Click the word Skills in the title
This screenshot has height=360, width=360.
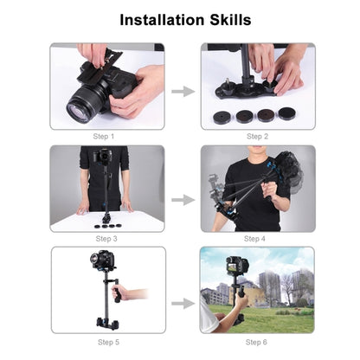[x=226, y=19]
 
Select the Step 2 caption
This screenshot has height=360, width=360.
[x=257, y=137]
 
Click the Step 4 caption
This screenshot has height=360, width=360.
[x=257, y=238]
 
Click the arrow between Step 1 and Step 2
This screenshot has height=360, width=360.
[x=182, y=90]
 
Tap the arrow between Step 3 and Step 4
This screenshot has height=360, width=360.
[x=182, y=200]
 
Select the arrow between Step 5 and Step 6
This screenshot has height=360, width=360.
[x=182, y=303]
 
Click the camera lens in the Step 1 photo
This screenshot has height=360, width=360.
[x=84, y=106]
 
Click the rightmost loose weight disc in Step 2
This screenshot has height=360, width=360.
[x=285, y=114]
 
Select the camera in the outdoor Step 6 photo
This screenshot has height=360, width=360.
[x=237, y=266]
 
